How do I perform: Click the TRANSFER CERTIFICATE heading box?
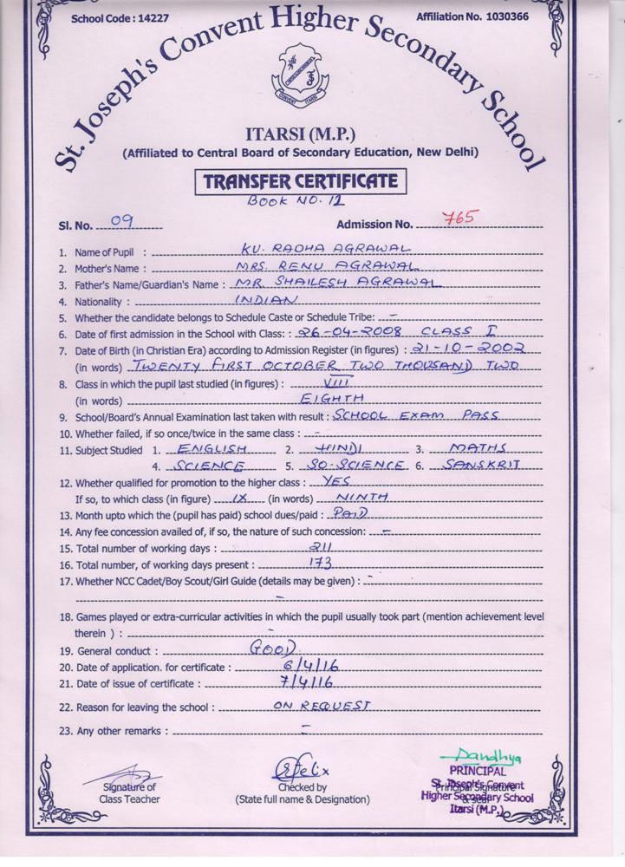pyautogui.click(x=300, y=182)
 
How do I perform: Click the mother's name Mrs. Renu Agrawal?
pyautogui.click(x=329, y=265)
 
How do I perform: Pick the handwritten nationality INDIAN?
pyautogui.click(x=267, y=299)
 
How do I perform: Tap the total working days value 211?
pyautogui.click(x=321, y=547)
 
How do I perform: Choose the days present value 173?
pyautogui.click(x=321, y=564)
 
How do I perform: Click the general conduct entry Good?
pyautogui.click(x=272, y=648)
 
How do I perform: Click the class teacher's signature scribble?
pyautogui.click(x=130, y=772)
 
